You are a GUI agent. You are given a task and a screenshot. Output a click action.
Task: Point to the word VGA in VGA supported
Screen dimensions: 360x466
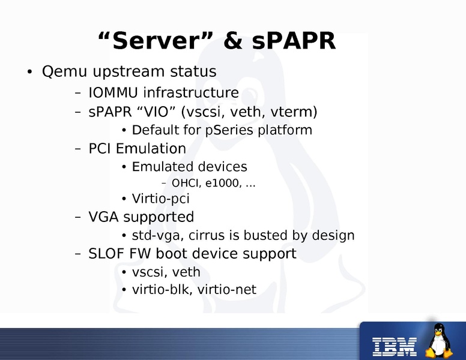click(102, 217)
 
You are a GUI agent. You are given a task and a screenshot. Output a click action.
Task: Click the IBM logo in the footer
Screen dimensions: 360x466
click(395, 344)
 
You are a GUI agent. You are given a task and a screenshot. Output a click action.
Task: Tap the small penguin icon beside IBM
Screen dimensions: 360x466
click(440, 340)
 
